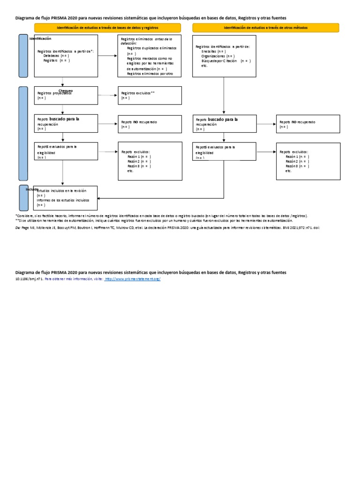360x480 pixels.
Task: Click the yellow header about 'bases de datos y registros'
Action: pos(107,28)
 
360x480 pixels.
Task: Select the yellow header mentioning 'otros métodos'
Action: pos(265,28)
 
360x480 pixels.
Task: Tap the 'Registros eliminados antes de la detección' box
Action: pos(150,56)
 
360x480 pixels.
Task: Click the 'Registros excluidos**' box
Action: pos(150,96)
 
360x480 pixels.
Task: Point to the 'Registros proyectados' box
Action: pos(66,96)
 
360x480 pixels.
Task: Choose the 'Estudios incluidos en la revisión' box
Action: pos(66,198)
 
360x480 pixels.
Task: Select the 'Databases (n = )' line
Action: pos(57,55)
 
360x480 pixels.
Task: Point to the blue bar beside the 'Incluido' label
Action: pos(23,198)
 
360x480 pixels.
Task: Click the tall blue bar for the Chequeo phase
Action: pos(23,133)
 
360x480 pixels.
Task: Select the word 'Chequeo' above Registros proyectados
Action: pos(66,90)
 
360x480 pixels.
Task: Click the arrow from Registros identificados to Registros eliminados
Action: pos(108,56)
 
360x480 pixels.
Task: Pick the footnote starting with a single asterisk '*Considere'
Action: pos(161,216)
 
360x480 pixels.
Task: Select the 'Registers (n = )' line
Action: pos(57,60)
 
